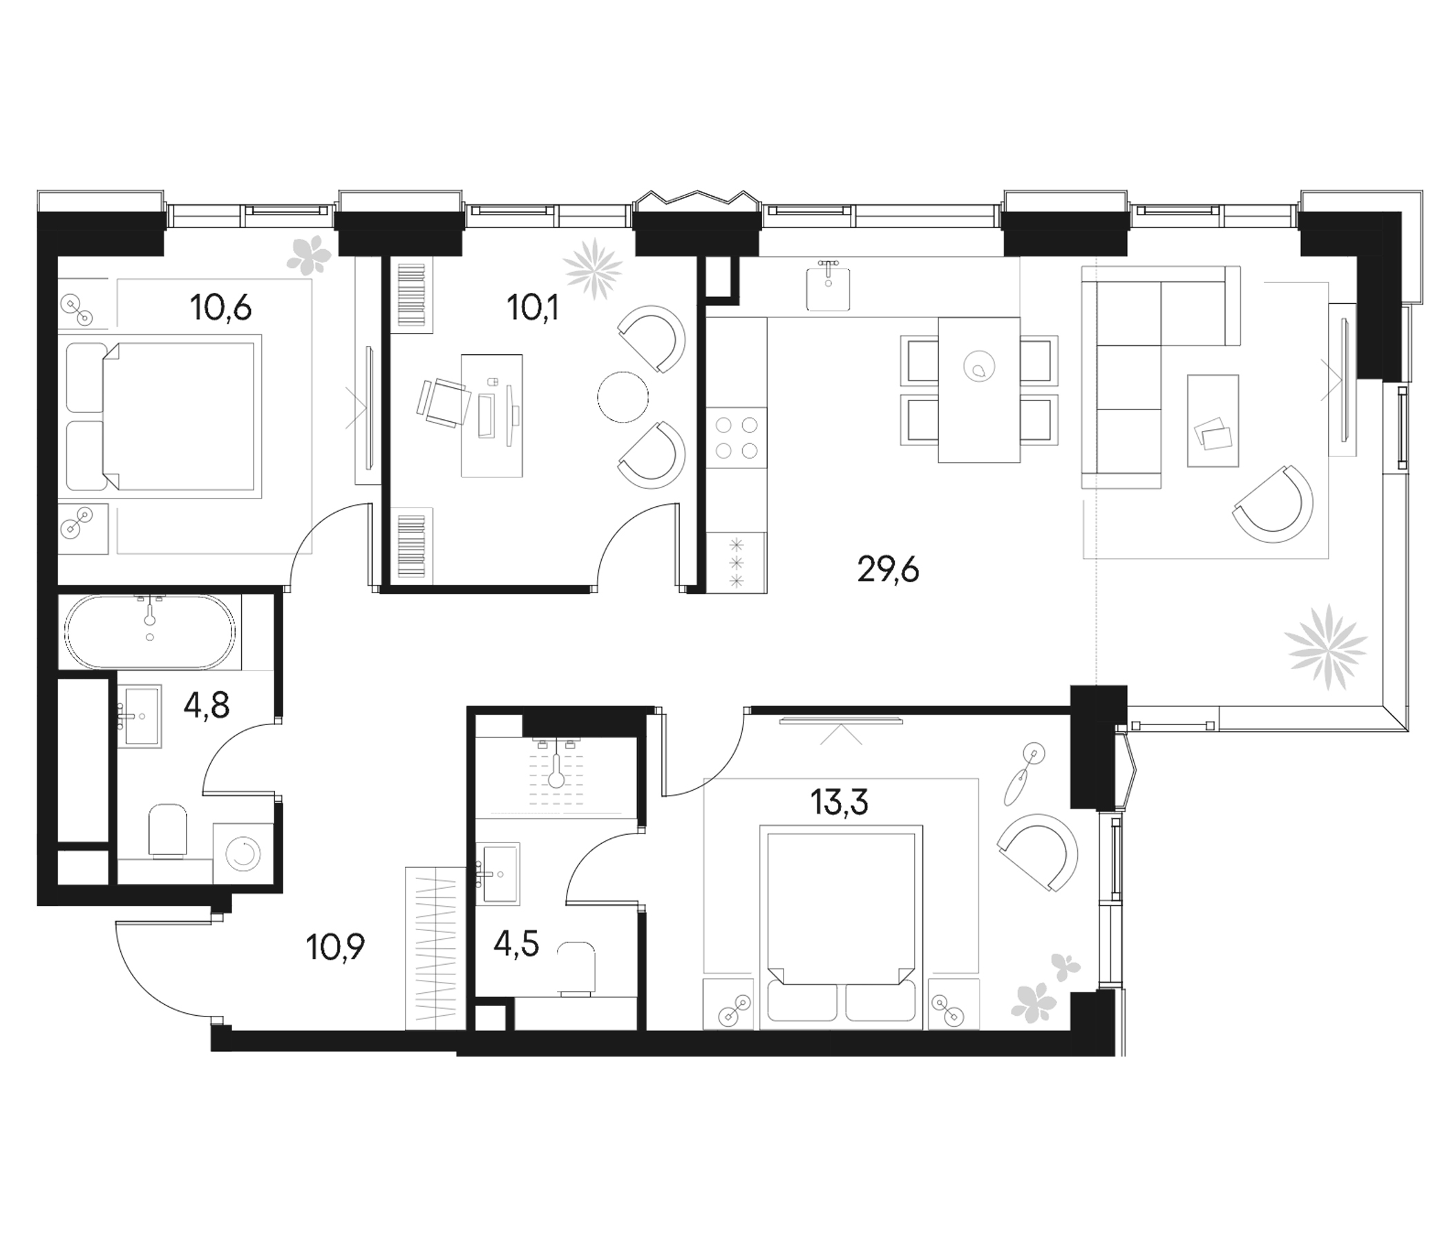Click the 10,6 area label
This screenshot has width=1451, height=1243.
click(x=220, y=308)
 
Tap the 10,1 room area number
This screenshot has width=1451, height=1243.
click(x=533, y=308)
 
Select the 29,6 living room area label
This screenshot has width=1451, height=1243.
click(x=888, y=570)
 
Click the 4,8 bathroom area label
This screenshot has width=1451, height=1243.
click(x=207, y=707)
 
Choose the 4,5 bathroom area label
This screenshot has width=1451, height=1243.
click(x=516, y=944)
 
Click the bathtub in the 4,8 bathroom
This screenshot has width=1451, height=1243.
click(x=151, y=631)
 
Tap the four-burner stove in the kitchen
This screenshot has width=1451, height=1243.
click(x=737, y=437)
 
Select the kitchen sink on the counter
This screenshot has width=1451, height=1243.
click(x=828, y=287)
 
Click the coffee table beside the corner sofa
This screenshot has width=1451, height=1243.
click(x=1213, y=421)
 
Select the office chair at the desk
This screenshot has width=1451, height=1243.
click(x=444, y=402)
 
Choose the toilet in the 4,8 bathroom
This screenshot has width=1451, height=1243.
click(x=169, y=831)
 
